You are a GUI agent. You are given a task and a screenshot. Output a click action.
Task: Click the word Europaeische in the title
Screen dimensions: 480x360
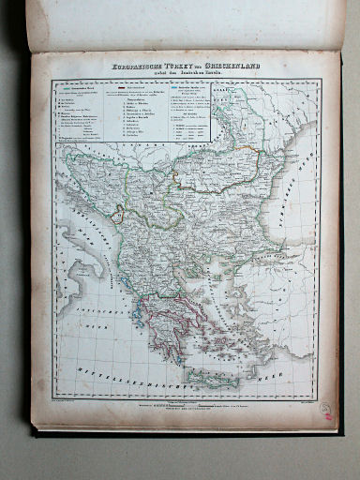130,67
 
